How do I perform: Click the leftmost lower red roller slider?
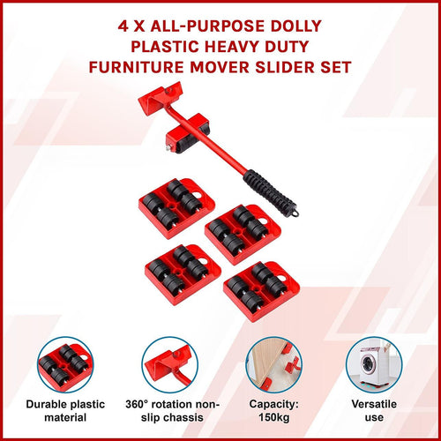point(181,270)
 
